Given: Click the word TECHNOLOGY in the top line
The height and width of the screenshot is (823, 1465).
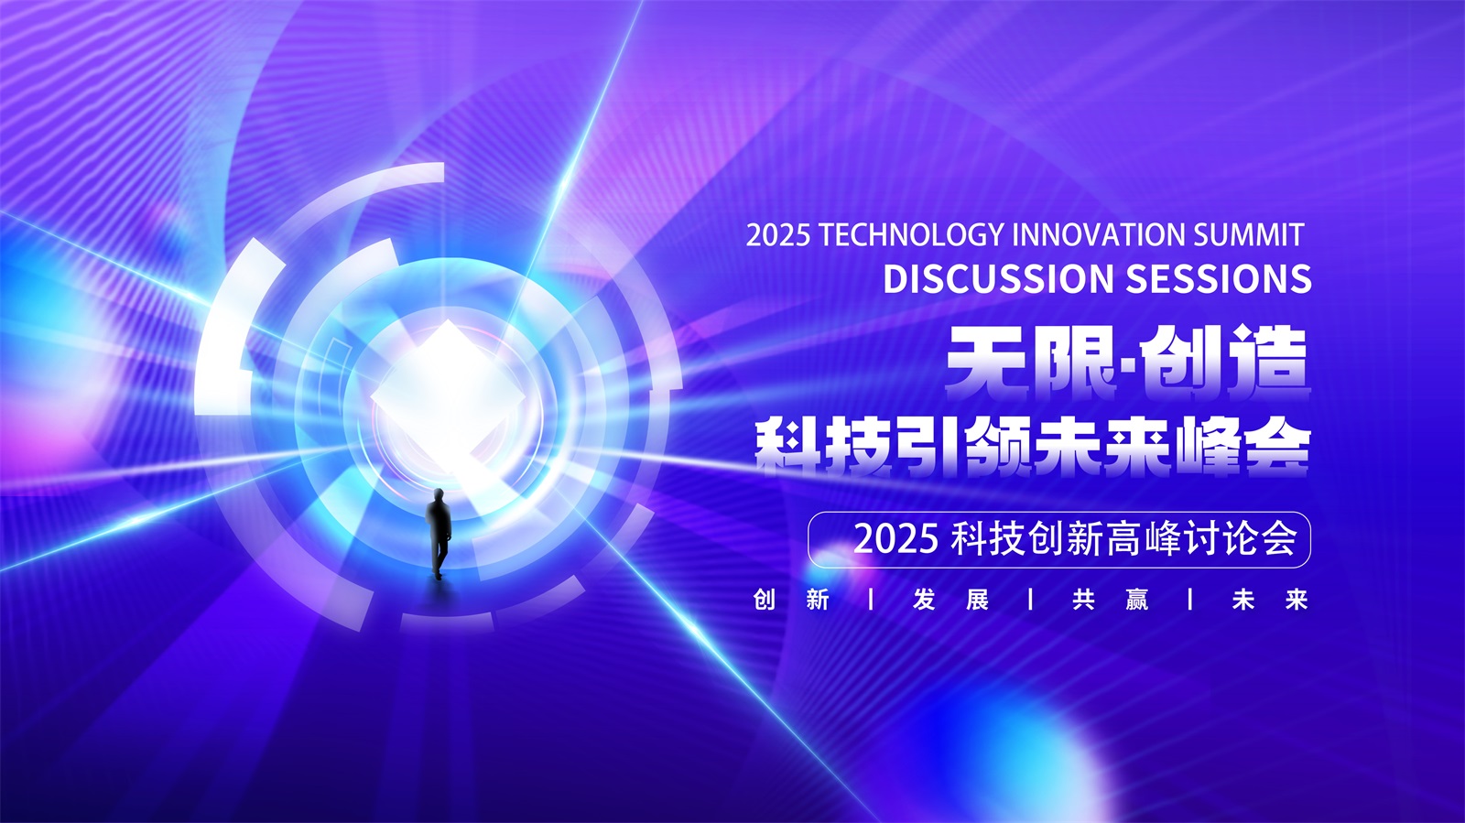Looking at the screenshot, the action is [x=911, y=234].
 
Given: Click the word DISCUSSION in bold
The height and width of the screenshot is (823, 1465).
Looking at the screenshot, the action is [x=998, y=278].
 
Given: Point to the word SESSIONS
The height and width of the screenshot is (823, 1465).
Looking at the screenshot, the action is [x=1219, y=278].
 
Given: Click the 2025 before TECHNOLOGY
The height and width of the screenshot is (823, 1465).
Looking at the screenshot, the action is [x=778, y=235].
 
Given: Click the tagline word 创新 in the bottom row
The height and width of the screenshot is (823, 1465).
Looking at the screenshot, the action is [x=791, y=600].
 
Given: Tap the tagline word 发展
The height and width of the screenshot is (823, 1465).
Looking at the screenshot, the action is [x=951, y=600].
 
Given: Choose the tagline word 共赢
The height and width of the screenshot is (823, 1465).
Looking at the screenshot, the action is [x=1111, y=600].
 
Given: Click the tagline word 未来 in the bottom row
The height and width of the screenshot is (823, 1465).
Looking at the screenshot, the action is [x=1270, y=600].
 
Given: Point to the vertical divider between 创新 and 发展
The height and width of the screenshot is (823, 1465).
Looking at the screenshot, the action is [x=871, y=600].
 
